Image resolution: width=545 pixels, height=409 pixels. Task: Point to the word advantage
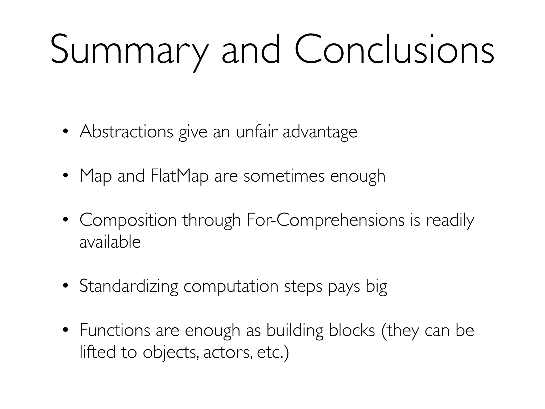click(x=320, y=132)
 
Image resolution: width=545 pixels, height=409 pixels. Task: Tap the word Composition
click(x=128, y=220)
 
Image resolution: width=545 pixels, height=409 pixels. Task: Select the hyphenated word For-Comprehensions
click(x=325, y=220)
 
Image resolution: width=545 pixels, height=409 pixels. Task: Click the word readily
click(x=450, y=220)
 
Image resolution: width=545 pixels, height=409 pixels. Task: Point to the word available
click(x=110, y=242)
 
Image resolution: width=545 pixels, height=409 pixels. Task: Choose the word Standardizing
click(x=129, y=286)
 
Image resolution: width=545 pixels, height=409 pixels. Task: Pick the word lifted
click(x=97, y=352)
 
